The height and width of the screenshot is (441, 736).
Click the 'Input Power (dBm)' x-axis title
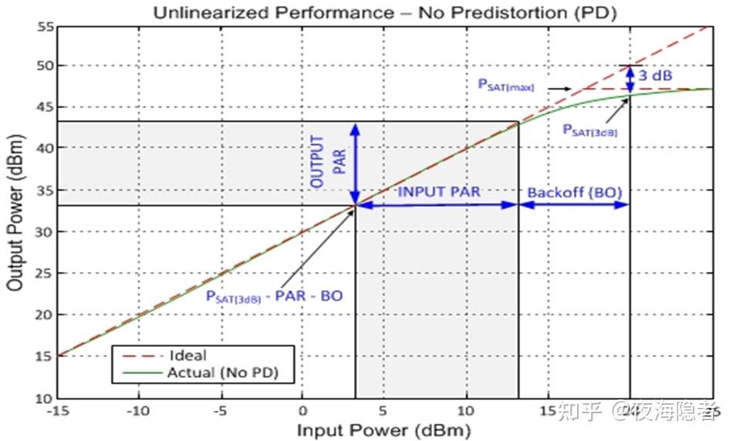coord(383,429)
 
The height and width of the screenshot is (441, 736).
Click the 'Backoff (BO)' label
coord(574,191)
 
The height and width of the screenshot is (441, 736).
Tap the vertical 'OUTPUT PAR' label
coord(325,162)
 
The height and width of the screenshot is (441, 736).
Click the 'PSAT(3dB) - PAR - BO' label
coord(274,295)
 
